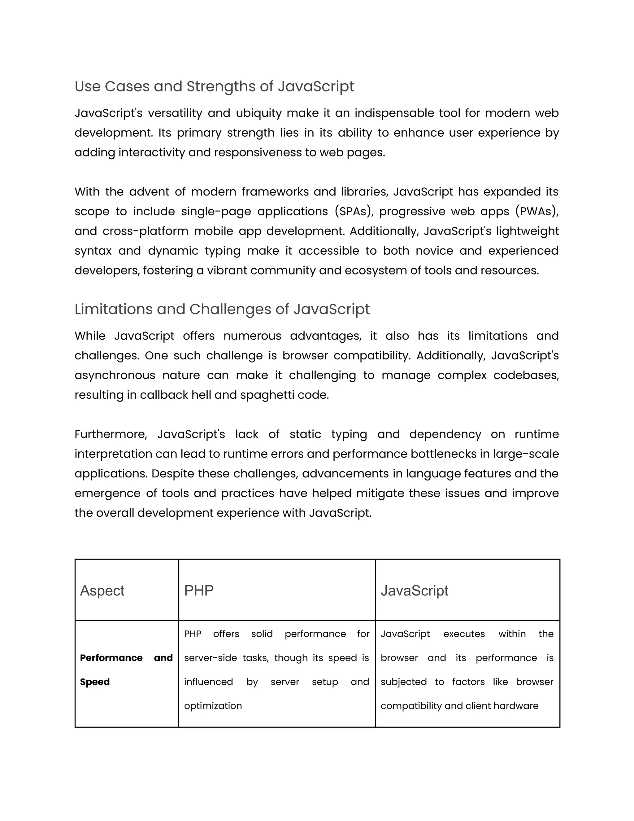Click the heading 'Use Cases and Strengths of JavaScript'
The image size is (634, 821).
click(x=214, y=86)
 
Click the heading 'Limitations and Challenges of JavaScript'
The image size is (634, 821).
click(x=222, y=310)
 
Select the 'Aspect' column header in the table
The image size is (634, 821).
click(x=102, y=591)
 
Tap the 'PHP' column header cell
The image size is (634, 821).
click(x=199, y=591)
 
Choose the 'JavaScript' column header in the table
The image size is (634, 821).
click(x=414, y=591)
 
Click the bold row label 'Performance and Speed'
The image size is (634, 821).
click(x=126, y=670)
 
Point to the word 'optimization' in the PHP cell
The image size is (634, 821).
click(x=213, y=706)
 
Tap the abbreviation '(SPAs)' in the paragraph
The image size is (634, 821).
click(x=354, y=212)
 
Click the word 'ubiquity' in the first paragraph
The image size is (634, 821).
click(x=258, y=113)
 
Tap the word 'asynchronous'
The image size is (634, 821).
click(x=115, y=375)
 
